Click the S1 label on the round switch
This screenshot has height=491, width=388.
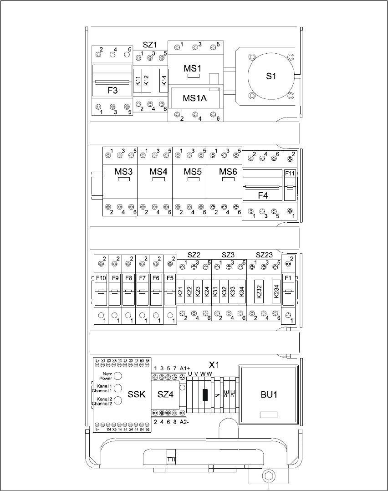[271, 77]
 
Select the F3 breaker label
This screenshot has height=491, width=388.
[112, 90]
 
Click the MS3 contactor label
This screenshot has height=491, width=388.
[123, 172]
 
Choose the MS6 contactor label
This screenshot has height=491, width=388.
[228, 172]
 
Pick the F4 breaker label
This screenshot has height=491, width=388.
[263, 196]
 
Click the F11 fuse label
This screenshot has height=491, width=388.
[290, 174]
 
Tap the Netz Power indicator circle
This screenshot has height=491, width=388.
[117, 375]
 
